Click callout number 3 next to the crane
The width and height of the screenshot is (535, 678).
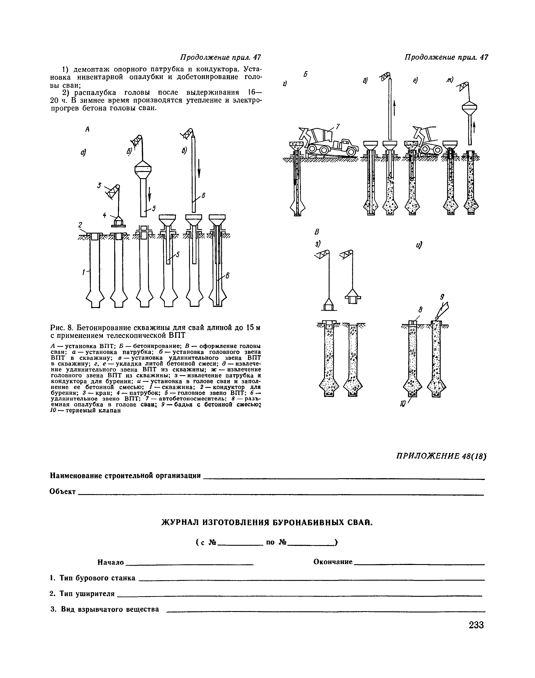(99, 186)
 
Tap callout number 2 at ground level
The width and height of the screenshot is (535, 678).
(80, 225)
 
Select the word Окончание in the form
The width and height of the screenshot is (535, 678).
(333, 562)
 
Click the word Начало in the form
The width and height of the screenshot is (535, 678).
(111, 563)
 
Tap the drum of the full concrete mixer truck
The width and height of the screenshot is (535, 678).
(323, 136)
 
